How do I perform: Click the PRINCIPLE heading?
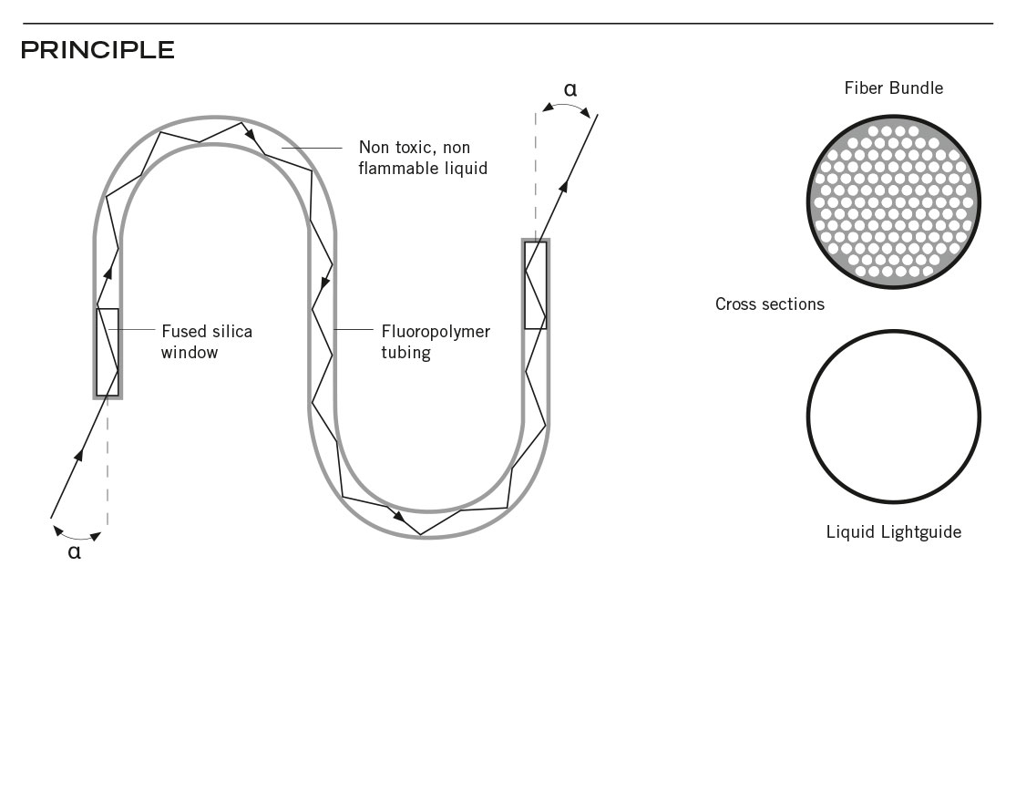click(x=97, y=50)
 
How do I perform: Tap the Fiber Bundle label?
click(x=894, y=88)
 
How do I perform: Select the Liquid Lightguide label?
click(x=894, y=532)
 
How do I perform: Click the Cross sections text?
click(x=770, y=304)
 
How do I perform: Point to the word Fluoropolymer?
click(x=436, y=333)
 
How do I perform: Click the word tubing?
click(x=405, y=354)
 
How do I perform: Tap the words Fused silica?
click(x=207, y=332)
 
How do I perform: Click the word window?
click(x=190, y=352)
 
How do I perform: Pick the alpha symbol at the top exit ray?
click(x=570, y=89)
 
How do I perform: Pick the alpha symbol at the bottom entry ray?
click(x=75, y=552)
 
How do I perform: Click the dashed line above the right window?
click(x=536, y=175)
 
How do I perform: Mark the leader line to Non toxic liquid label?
click(x=312, y=148)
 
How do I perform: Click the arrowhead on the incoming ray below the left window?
click(x=79, y=455)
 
